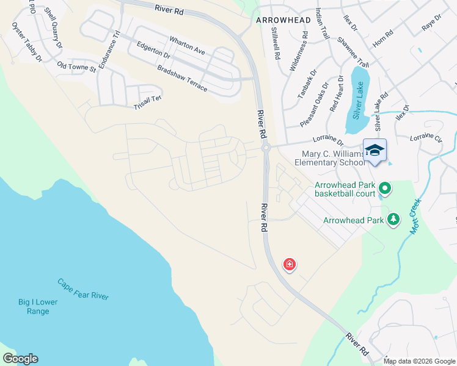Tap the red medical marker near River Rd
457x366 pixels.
[x=289, y=265]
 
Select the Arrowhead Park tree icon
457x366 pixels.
[x=394, y=219]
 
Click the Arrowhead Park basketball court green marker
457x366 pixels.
[x=385, y=187]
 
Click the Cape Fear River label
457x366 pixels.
[x=83, y=289]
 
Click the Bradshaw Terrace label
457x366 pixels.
[x=182, y=79]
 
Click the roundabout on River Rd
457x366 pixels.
[x=266, y=147]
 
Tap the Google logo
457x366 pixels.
[x=20, y=359]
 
